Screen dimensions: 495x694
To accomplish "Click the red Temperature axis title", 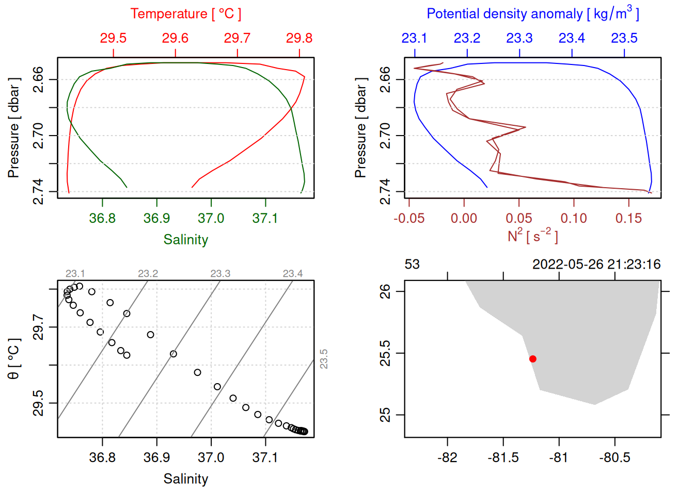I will tap(185, 14).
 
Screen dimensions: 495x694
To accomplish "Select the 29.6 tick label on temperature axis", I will tap(175, 38).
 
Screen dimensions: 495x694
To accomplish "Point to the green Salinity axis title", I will tap(185, 240).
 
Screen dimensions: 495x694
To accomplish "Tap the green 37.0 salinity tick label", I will tap(211, 219).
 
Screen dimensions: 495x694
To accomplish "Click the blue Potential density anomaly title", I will tap(532, 14).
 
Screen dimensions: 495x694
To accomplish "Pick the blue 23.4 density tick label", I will tap(572, 38).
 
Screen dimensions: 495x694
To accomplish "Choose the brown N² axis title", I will tap(532, 236).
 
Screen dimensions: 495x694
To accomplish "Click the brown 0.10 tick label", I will tap(574, 219).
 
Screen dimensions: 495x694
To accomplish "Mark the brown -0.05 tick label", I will tap(409, 219).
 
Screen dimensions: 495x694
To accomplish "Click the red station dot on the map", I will tap(533, 359).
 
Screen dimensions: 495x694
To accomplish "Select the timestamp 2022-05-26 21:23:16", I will tap(596, 265).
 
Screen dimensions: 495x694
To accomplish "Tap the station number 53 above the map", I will tap(412, 265).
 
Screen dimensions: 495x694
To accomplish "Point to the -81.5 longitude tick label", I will tap(503, 458).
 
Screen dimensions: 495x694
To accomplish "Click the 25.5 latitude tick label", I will tap(386, 353).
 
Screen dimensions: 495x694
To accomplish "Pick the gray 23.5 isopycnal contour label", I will tap(324, 359).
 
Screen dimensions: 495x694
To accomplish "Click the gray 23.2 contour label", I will tap(148, 274).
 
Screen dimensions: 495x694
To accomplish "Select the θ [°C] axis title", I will tap(14, 359).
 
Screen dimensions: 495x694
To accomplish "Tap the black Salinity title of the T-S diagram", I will tap(185, 479).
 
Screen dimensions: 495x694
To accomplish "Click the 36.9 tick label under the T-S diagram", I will tap(157, 458).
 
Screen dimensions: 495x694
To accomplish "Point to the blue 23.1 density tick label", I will tap(414, 38).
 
